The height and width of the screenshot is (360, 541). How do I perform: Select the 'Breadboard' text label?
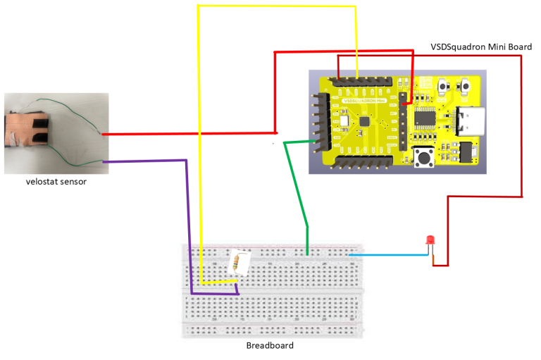coord(269,345)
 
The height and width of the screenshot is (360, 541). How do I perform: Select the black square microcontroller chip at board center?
coord(365,120)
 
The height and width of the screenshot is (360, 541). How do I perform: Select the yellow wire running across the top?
coord(275,6)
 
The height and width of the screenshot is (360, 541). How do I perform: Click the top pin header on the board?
coord(359,82)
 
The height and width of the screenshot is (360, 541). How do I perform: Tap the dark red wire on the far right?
coord(521,127)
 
